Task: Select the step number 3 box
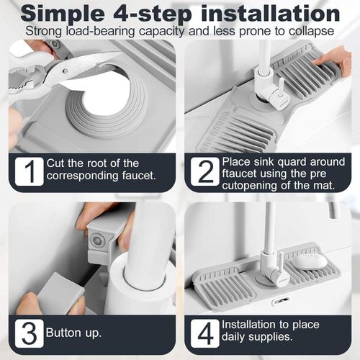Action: click(28, 333)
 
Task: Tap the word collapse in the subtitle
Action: click(310, 32)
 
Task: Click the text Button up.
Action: click(73, 333)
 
